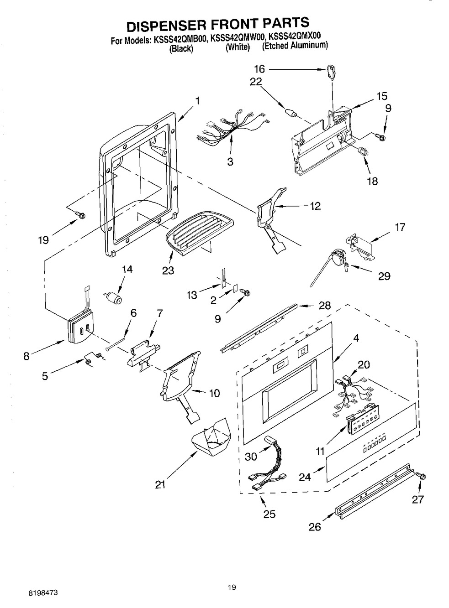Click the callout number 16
(259, 69)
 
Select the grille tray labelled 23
(199, 232)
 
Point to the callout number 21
(159, 484)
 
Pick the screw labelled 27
(421, 476)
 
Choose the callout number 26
(315, 527)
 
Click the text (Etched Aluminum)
(295, 46)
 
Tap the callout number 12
(315, 206)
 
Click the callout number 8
(26, 356)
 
